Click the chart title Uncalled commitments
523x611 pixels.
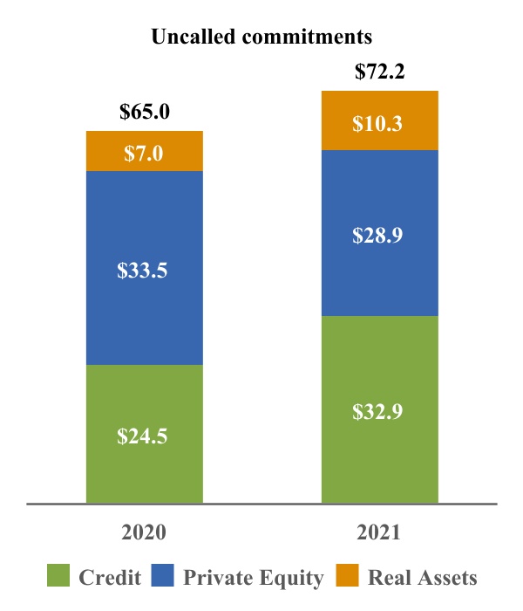pyautogui.click(x=261, y=37)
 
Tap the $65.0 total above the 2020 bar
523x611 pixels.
pyautogui.click(x=145, y=112)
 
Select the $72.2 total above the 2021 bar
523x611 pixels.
pyautogui.click(x=379, y=72)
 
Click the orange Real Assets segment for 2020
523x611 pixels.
pyautogui.click(x=145, y=151)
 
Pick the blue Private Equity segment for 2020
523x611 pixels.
pyautogui.click(x=145, y=268)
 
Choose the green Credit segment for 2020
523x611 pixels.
pyautogui.click(x=145, y=434)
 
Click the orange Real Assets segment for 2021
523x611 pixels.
pyautogui.click(x=379, y=120)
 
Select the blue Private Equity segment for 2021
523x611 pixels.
pyautogui.click(x=379, y=233)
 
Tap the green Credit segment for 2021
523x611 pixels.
pyautogui.click(x=379, y=409)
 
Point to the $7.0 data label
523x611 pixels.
pyautogui.click(x=144, y=153)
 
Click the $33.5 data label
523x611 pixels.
pyautogui.click(x=142, y=270)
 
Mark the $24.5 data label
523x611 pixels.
pyautogui.click(x=142, y=436)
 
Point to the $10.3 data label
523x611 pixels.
pyautogui.click(x=377, y=124)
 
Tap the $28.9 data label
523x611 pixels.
pyautogui.click(x=377, y=236)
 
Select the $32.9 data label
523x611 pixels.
pyautogui.click(x=377, y=412)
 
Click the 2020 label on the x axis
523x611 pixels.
pyautogui.click(x=144, y=532)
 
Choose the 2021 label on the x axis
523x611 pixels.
pyautogui.click(x=378, y=532)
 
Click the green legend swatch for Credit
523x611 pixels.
pyautogui.click(x=58, y=575)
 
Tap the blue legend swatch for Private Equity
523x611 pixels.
pyautogui.click(x=162, y=575)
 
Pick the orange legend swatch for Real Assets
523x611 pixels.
pyautogui.click(x=347, y=575)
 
